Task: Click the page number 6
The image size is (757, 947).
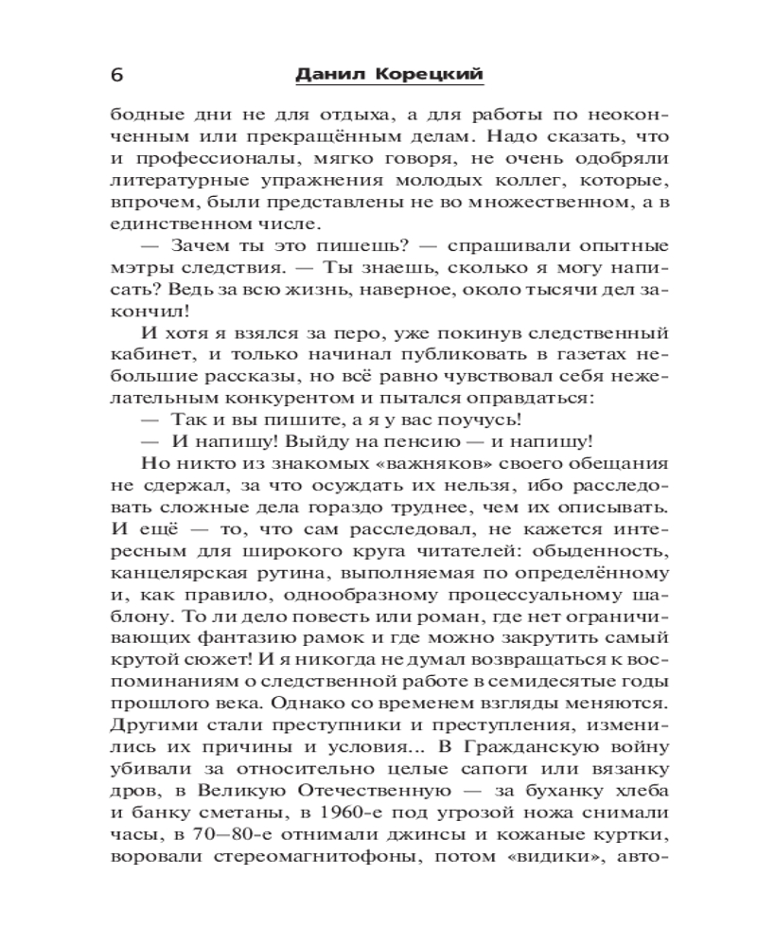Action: tap(117, 75)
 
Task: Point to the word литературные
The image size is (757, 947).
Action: tap(174, 179)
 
